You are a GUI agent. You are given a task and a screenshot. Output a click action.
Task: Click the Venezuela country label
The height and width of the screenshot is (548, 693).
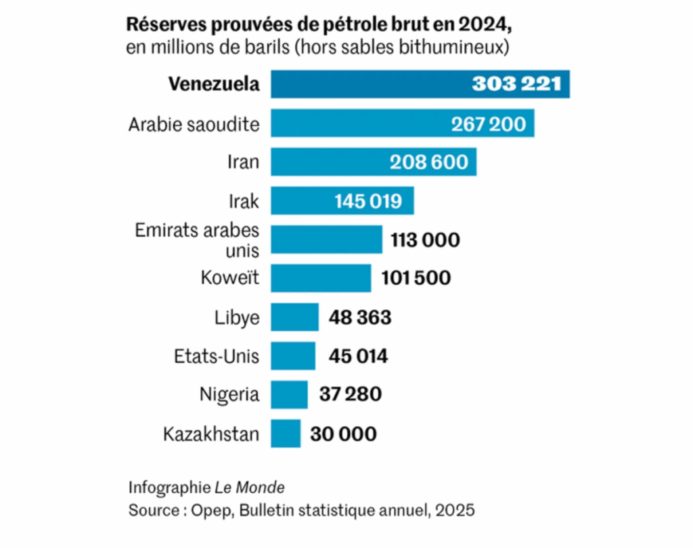213,85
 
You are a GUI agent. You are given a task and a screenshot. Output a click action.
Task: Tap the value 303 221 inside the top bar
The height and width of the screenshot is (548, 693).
516,85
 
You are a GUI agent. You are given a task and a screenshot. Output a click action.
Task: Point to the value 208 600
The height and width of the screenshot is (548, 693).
429,162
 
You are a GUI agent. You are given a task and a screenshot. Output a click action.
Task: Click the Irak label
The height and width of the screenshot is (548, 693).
244,201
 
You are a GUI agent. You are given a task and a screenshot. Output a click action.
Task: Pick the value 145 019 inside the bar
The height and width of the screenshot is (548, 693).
368,202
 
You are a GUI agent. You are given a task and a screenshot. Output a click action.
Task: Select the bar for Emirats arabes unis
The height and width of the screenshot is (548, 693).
326,239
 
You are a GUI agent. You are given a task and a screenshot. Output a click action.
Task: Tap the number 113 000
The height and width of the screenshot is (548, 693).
425,240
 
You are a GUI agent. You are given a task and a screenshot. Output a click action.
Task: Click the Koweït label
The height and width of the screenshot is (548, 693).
230,278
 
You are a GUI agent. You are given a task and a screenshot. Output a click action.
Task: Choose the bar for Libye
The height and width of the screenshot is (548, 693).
294,317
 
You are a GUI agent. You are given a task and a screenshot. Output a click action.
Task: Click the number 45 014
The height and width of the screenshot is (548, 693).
358,356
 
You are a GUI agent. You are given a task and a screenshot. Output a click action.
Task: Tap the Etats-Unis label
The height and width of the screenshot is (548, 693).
217,356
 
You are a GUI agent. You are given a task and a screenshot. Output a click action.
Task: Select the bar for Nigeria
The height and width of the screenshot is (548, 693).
289,394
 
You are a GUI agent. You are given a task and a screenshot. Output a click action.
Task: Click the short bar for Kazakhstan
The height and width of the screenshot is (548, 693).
286,434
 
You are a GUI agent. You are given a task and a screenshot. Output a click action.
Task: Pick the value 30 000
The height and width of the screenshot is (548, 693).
343,434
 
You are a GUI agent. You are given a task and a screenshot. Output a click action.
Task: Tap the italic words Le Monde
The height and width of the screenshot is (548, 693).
250,488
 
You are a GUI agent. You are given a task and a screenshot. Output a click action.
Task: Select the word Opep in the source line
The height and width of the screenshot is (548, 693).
206,510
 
